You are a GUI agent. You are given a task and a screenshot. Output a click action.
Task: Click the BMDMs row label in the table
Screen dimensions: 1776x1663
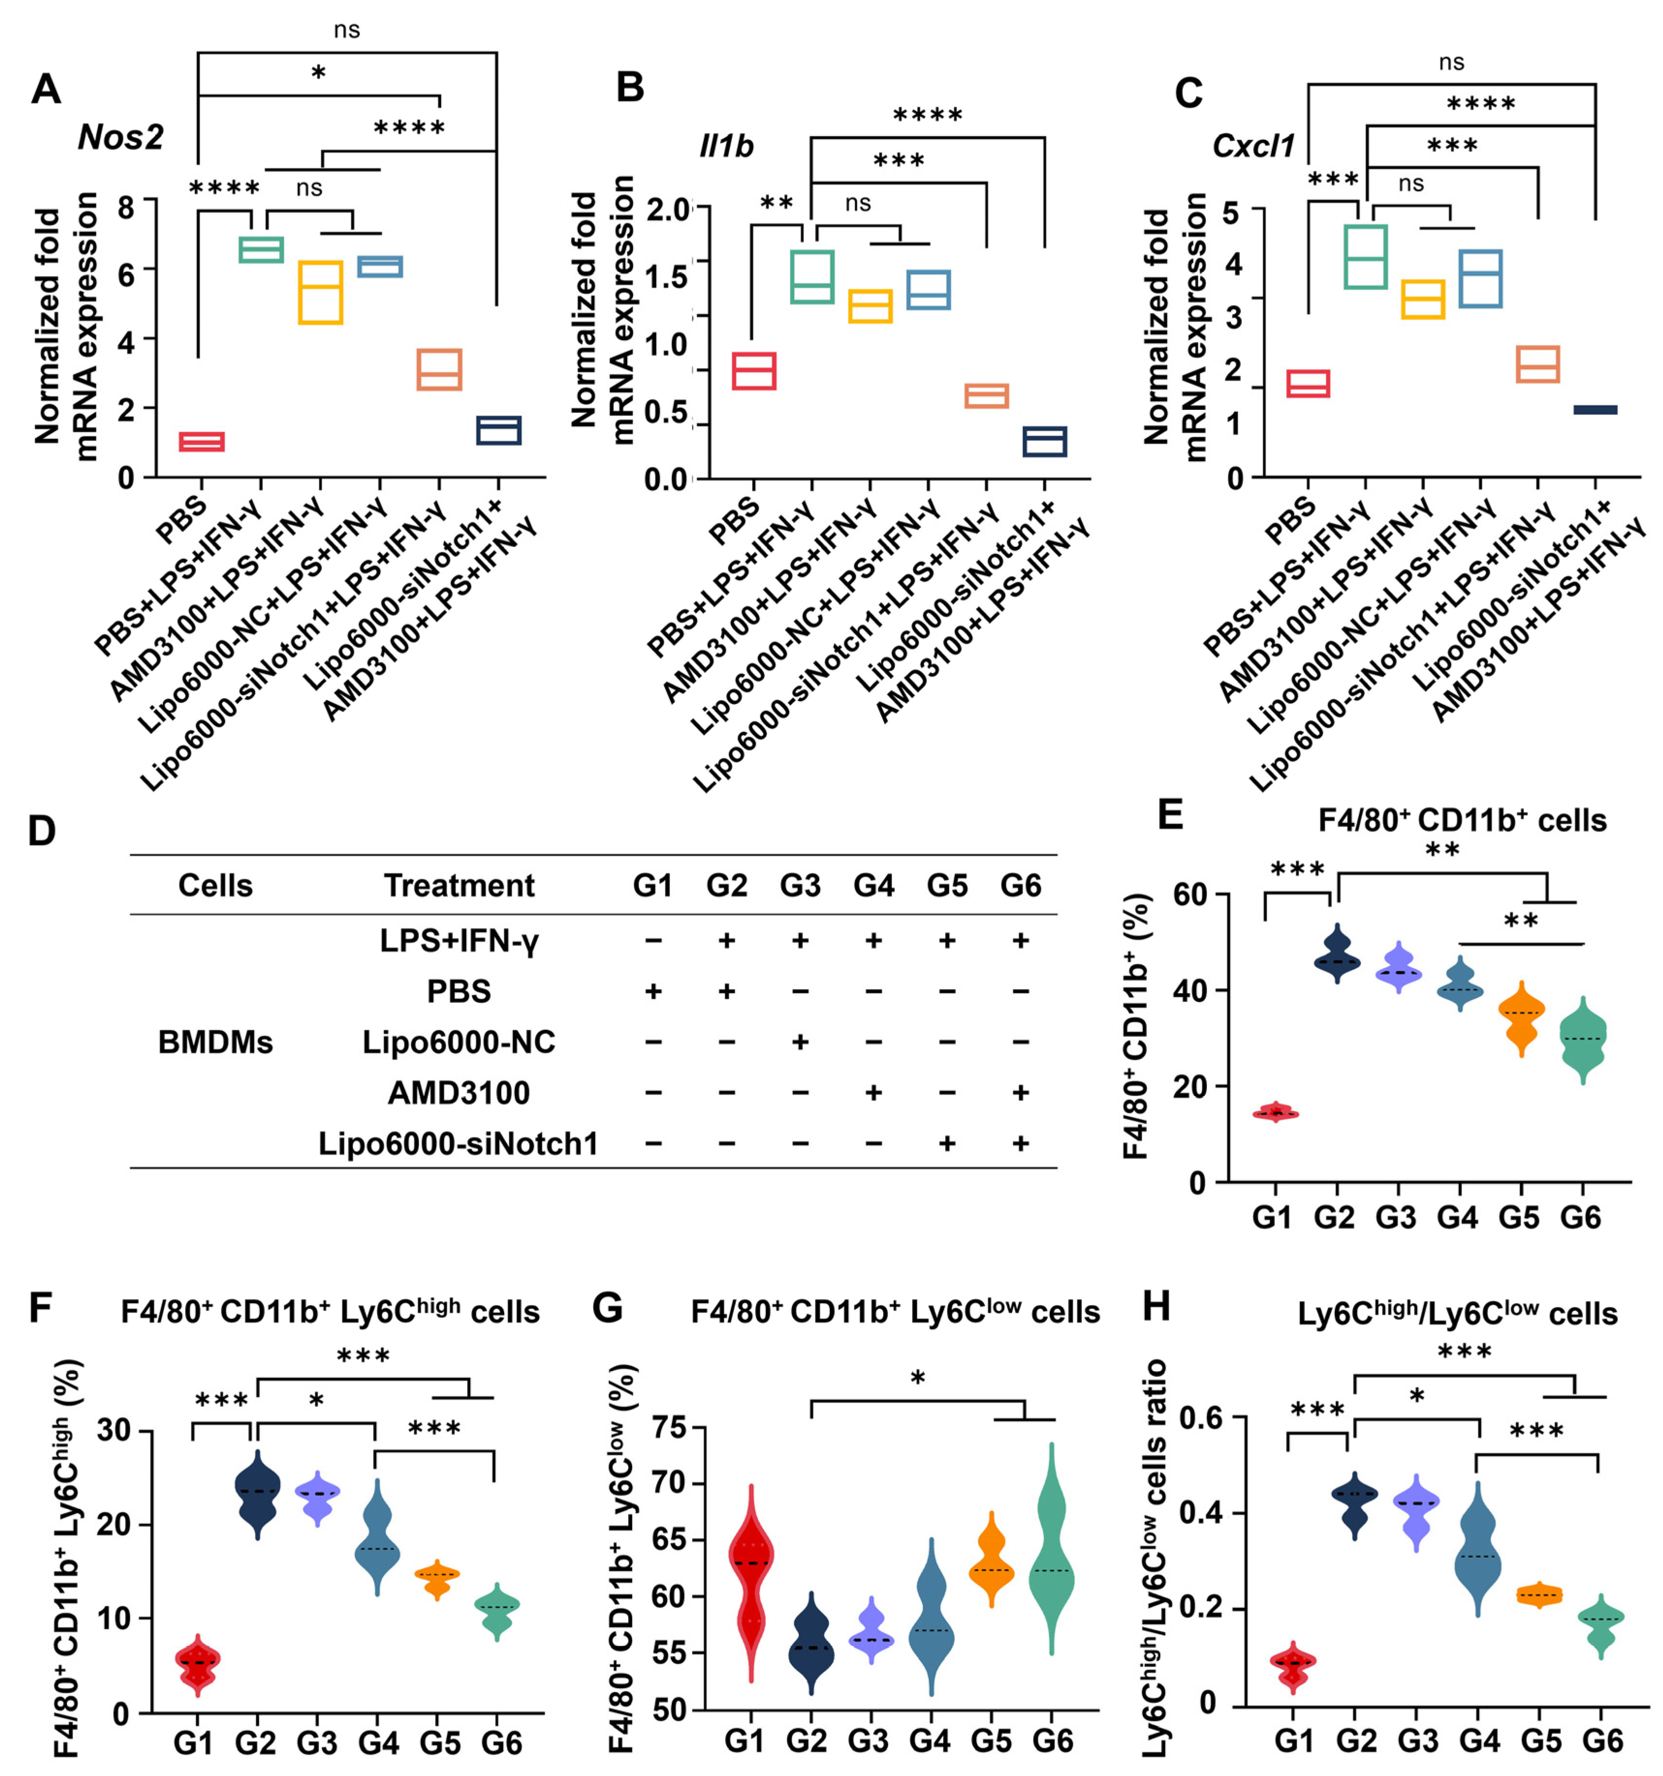215,1043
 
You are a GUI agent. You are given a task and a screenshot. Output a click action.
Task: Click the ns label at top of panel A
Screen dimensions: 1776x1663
347,31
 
